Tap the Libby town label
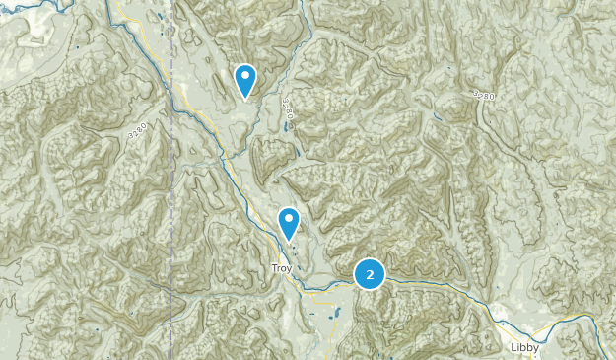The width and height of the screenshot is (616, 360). click(524, 347)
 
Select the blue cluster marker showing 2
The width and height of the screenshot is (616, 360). click(370, 275)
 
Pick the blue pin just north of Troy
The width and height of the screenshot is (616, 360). click(289, 223)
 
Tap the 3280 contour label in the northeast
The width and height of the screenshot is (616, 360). click(482, 95)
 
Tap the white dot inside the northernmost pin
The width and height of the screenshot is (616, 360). click(245, 75)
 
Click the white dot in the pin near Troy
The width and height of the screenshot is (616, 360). click(289, 218)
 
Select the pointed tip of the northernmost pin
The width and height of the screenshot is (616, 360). click(245, 99)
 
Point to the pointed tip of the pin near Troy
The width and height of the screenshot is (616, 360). click(289, 242)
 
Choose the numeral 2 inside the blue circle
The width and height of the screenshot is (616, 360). click(370, 275)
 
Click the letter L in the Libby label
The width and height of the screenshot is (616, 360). click(514, 347)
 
